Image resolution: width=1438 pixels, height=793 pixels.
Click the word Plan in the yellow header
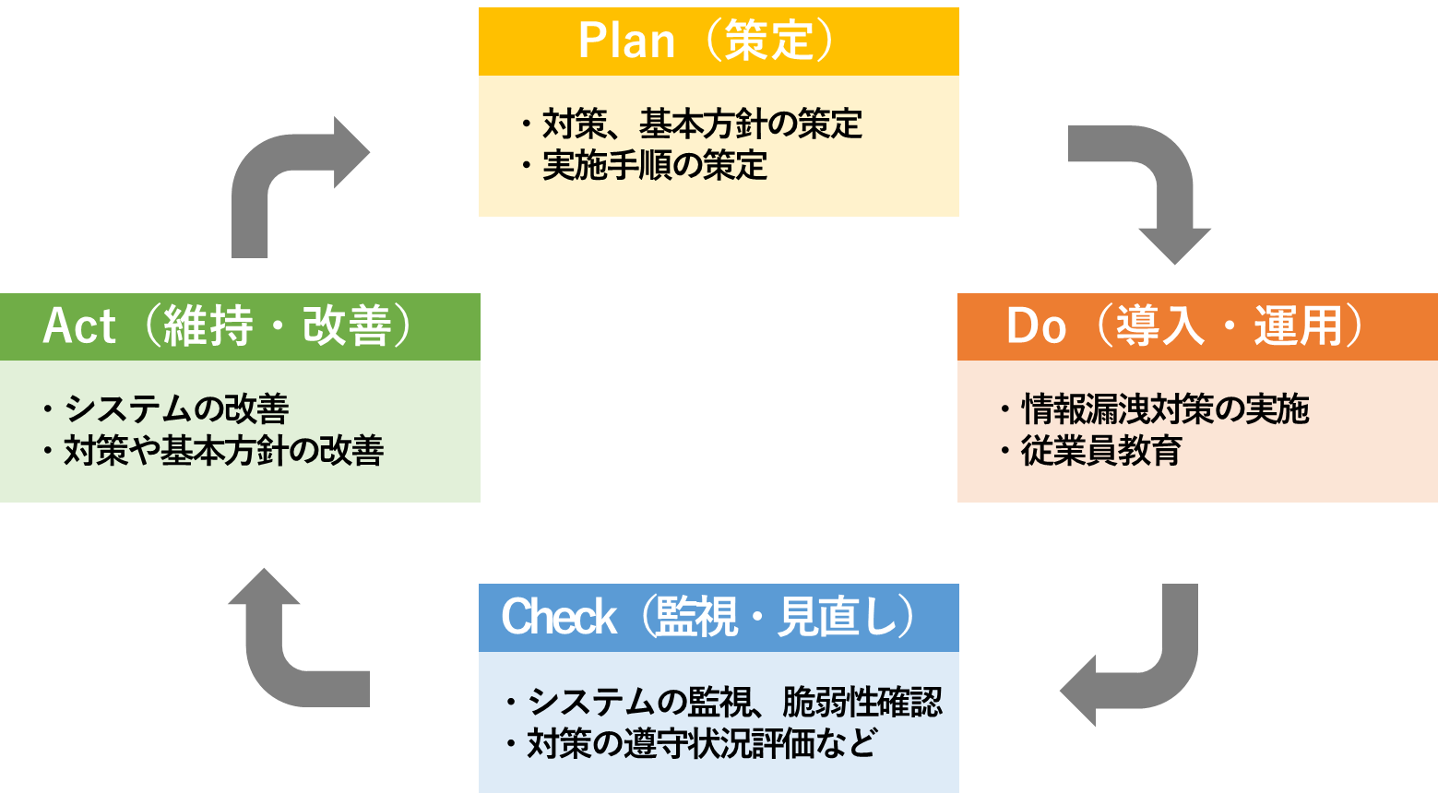pos(626,41)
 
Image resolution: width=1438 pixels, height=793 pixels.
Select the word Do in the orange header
pos(1036,326)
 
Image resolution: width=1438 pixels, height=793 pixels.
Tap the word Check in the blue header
pos(558,617)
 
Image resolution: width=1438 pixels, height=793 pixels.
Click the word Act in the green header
pos(79,326)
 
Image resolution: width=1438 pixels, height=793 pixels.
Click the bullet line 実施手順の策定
pos(654,166)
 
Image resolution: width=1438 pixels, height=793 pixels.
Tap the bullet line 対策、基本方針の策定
pos(701,124)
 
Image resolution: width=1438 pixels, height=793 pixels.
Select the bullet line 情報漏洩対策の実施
pos(1164,409)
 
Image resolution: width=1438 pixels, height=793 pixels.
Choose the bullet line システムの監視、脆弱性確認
pos(733,703)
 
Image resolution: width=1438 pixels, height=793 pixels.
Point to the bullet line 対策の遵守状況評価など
pos(701,744)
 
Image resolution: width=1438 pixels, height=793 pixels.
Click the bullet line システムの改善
pos(175,408)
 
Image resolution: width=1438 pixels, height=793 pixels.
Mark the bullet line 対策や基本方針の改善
pos(222,451)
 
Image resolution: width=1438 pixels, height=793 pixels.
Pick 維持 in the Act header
pos(208,326)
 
